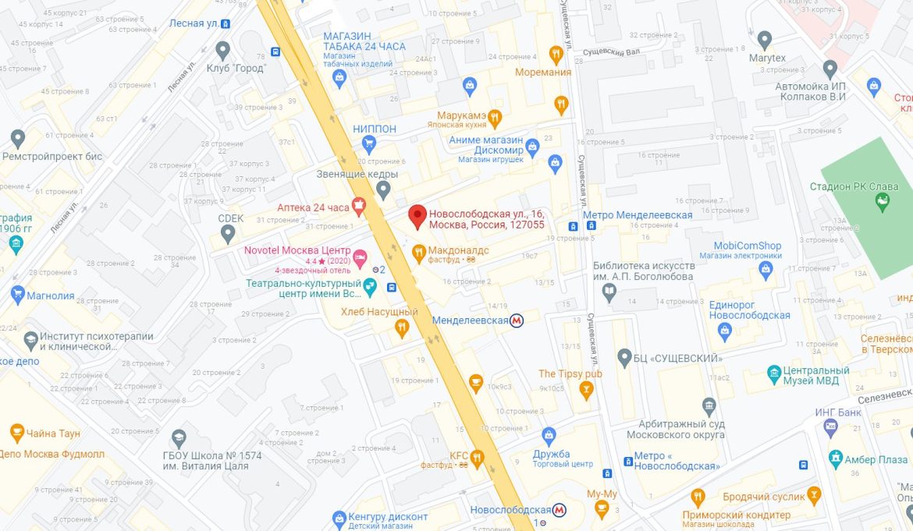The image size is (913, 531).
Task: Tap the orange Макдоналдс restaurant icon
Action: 418,251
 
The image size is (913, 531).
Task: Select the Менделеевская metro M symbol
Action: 517,320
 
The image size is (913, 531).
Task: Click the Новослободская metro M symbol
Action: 559,510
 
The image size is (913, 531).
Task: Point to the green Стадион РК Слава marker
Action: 883,203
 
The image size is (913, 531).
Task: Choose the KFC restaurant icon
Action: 476,458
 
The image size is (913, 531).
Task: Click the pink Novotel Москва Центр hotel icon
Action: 360,256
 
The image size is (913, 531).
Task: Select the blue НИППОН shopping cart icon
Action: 370,143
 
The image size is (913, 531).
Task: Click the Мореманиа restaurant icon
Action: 556,54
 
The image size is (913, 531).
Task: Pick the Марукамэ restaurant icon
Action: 494,119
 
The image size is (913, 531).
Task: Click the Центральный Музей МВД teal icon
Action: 774,373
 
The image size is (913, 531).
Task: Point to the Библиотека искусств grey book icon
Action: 609,292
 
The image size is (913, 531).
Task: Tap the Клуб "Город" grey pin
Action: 223,51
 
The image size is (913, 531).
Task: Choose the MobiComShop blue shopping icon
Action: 766,269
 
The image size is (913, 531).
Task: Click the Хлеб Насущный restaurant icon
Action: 402,328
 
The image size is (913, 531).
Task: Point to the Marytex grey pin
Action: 765,39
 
